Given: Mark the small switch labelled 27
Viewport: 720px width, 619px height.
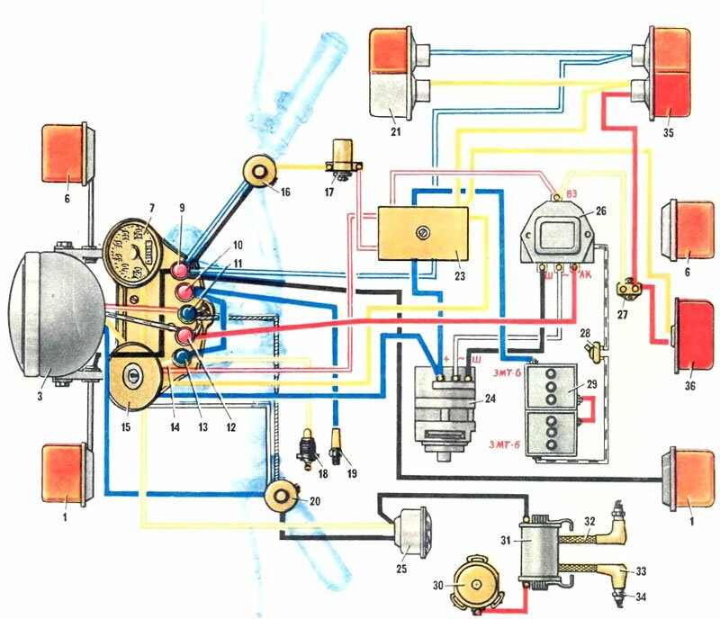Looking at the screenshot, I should [627, 289].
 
